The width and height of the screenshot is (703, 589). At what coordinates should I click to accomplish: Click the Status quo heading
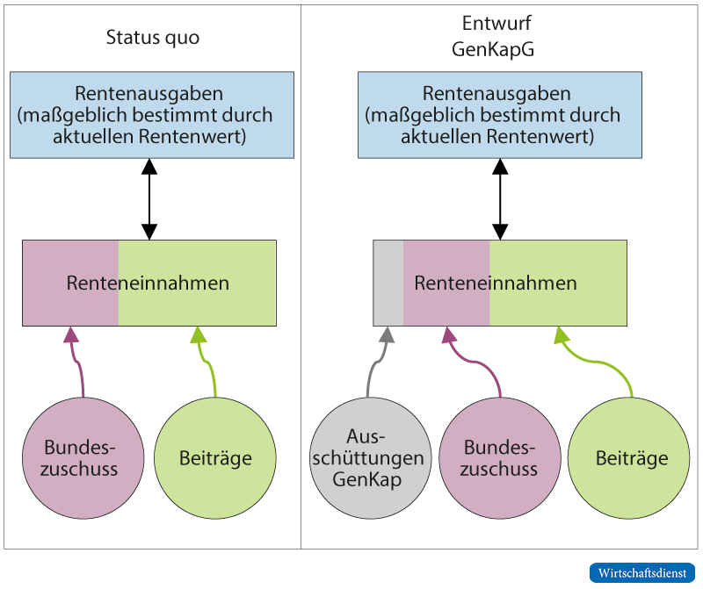coord(152,38)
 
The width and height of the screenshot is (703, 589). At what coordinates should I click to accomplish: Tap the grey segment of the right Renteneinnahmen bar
coord(388,284)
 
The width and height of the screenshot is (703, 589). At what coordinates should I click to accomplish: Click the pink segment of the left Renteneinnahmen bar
coord(70,284)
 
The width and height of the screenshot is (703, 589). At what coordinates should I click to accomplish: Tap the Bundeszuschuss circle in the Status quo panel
coord(81,457)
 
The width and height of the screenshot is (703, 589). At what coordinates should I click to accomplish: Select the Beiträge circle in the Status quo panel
coord(215,457)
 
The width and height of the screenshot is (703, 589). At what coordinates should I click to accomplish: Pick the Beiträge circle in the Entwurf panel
coord(631,457)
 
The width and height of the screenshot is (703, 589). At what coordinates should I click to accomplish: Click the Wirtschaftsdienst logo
coord(641,572)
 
